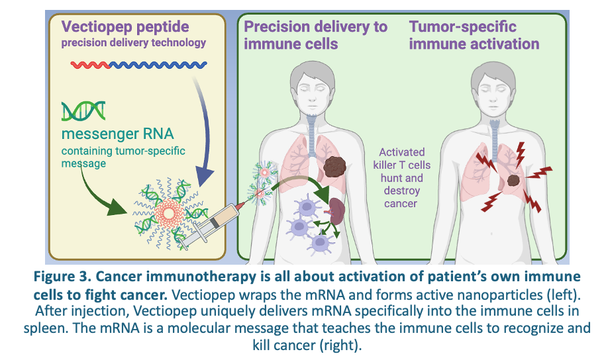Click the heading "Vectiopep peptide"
(x=125, y=27)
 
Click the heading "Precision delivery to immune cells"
(x=315, y=35)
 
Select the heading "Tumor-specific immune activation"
(x=474, y=35)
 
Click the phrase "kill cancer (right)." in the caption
(x=303, y=344)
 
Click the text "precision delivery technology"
(x=134, y=43)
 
